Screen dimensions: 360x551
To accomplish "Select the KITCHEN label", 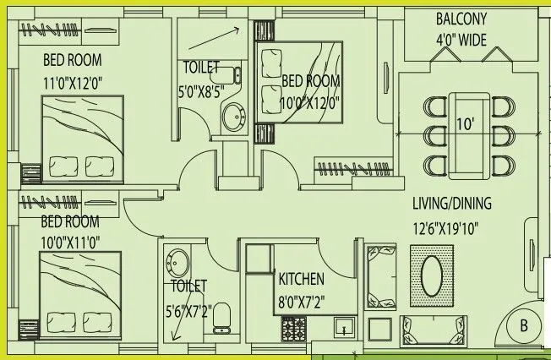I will pyautogui.click(x=301, y=278).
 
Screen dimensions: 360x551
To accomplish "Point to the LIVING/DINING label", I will pyautogui.click(x=451, y=204).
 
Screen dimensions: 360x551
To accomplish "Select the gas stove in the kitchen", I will pyautogui.click(x=294, y=327).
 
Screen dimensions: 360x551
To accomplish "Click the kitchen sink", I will pyautogui.click(x=345, y=326).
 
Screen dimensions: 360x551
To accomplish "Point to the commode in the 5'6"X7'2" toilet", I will pyautogui.click(x=221, y=320).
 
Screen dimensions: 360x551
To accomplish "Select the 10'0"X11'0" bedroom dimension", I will pyautogui.click(x=70, y=241).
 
